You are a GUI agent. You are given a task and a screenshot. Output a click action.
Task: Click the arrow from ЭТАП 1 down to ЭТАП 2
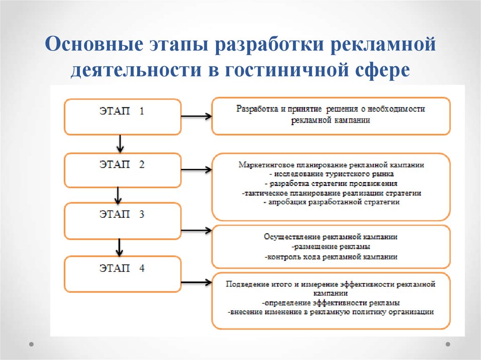tap(120, 144)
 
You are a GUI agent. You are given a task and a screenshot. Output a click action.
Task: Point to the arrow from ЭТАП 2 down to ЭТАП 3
tap(118, 196)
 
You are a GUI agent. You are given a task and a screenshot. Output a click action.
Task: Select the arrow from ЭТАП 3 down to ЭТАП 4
tap(119, 247)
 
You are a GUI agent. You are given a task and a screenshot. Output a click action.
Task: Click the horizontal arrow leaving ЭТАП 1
tap(196, 116)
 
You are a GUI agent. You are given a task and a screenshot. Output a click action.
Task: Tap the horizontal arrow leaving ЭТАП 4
tap(196, 282)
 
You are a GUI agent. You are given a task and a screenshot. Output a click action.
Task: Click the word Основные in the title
tap(94, 44)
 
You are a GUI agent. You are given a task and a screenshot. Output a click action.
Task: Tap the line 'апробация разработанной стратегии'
tap(332, 202)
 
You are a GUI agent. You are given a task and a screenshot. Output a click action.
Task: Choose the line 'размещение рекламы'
tap(331, 246)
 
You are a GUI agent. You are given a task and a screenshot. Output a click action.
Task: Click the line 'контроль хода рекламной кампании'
tap(331, 257)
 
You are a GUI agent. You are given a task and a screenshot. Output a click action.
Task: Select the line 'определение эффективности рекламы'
tap(331, 303)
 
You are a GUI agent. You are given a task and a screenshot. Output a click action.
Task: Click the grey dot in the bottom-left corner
tap(31, 344)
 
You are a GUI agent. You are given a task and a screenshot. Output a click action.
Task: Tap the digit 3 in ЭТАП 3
tap(141, 214)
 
